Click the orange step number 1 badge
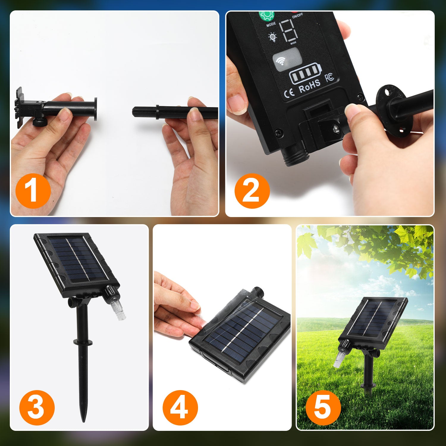(x=33, y=191)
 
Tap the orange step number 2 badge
(x=252, y=191)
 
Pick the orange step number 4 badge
(x=180, y=408)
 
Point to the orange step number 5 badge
(x=323, y=408)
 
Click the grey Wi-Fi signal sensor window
(x=287, y=59)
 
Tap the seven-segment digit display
(x=288, y=31)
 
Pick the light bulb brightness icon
(x=272, y=37)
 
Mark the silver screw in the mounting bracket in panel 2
(x=336, y=128)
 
